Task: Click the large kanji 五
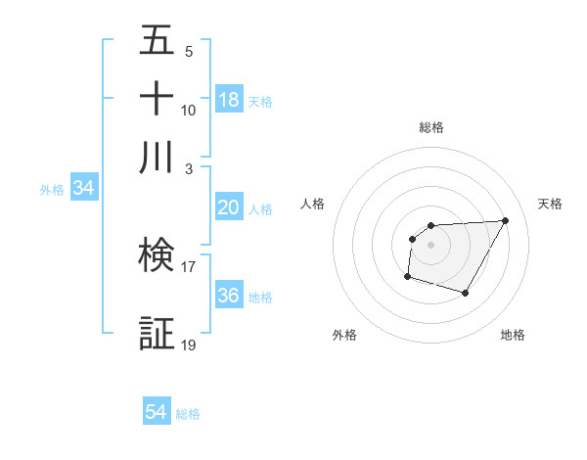(x=157, y=42)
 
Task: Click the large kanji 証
(x=157, y=333)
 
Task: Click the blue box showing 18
(x=228, y=99)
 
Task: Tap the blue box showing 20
(x=228, y=207)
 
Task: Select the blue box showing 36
(x=228, y=296)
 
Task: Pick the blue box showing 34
(x=83, y=189)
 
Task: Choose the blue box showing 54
(x=157, y=412)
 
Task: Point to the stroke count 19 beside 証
(x=188, y=345)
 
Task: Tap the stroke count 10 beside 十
(x=188, y=111)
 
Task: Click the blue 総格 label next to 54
(x=188, y=414)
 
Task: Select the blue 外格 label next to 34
(x=52, y=190)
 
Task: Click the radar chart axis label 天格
(x=550, y=204)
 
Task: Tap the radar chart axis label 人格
(x=313, y=204)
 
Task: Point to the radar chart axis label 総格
(x=431, y=127)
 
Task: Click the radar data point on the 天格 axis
(x=505, y=220)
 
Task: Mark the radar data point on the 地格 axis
(x=466, y=294)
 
